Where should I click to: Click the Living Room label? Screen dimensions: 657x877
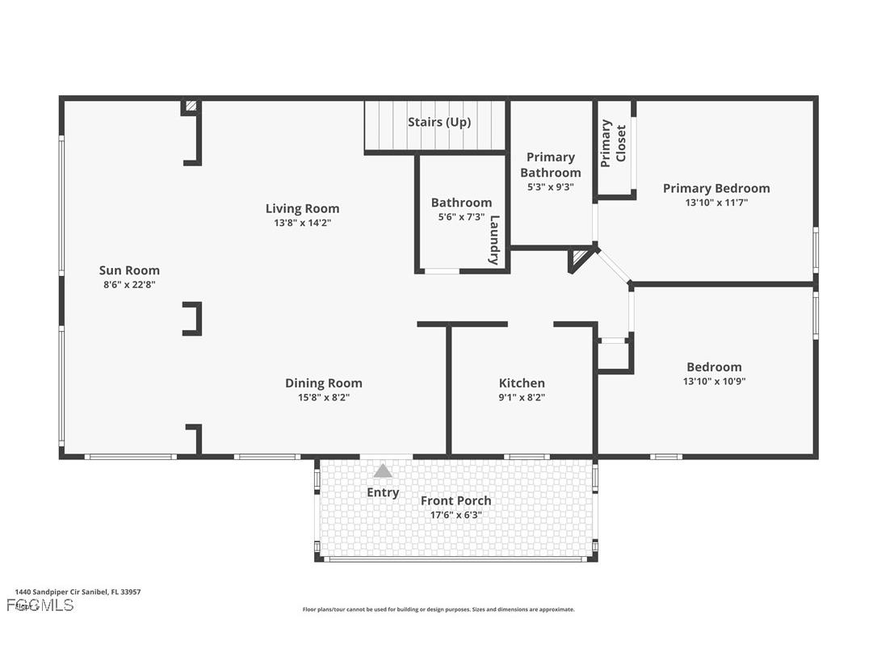[302, 208]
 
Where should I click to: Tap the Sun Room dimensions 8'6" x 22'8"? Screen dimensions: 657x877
[129, 284]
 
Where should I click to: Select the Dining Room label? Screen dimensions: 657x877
[323, 383]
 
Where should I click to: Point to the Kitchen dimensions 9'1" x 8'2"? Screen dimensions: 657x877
[522, 397]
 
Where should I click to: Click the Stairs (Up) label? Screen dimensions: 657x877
[438, 122]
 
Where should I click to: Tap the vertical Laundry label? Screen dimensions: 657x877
[495, 240]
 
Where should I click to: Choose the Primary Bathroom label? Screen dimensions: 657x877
[550, 165]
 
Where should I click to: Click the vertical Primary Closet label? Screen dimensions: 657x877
[613, 144]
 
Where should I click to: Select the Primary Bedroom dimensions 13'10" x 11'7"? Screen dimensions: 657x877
[716, 203]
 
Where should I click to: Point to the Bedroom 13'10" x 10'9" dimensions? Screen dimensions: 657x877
[714, 381]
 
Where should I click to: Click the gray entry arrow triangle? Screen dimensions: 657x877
[382, 471]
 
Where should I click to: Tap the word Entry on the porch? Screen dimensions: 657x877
[383, 492]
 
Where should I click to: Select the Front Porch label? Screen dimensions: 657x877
[455, 500]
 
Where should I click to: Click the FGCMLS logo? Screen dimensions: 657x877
[40, 605]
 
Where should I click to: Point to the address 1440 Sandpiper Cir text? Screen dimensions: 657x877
[78, 592]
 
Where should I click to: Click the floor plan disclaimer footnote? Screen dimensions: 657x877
[438, 609]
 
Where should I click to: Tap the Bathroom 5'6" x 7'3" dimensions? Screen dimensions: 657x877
[461, 217]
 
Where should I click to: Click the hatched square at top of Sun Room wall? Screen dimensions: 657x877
[191, 106]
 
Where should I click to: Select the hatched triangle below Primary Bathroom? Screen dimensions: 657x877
[580, 258]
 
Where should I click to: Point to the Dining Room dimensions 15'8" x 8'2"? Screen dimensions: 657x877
[323, 397]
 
